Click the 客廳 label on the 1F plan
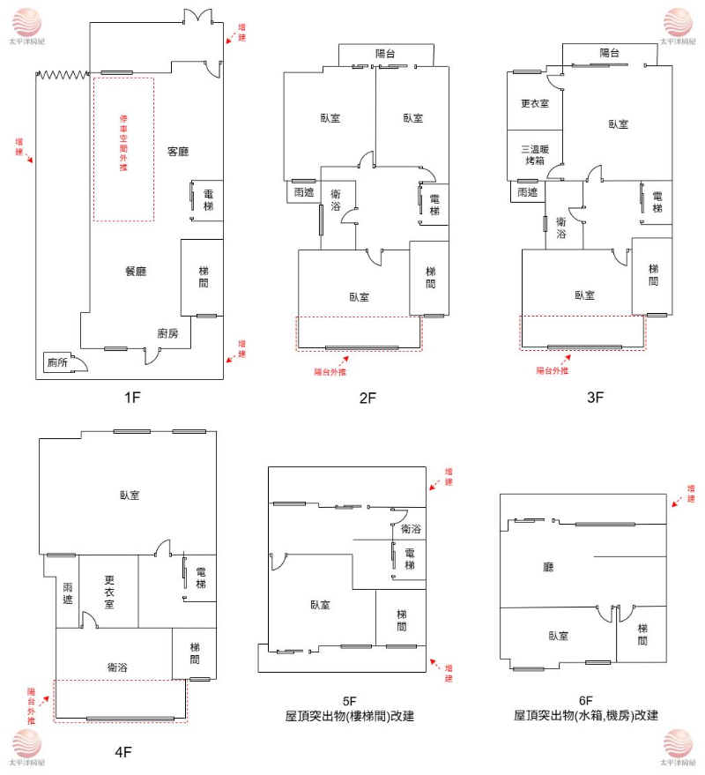tap(178, 152)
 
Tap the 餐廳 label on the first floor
tap(135, 271)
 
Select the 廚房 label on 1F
tap(167, 333)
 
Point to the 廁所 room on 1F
tap(58, 361)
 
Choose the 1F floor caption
tap(132, 397)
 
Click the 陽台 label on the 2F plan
tap(385, 54)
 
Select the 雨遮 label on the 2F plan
tap(304, 191)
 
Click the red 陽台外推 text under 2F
tap(330, 371)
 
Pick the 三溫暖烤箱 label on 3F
tap(535, 155)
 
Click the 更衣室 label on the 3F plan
tap(535, 103)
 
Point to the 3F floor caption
tap(596, 397)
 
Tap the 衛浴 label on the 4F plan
tap(117, 667)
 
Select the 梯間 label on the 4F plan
tap(194, 653)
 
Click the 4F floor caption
tap(122, 752)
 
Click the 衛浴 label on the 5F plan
tap(410, 529)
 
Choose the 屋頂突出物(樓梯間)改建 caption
tap(350, 716)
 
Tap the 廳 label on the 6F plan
tap(548, 569)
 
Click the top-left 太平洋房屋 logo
tap(26, 24)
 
